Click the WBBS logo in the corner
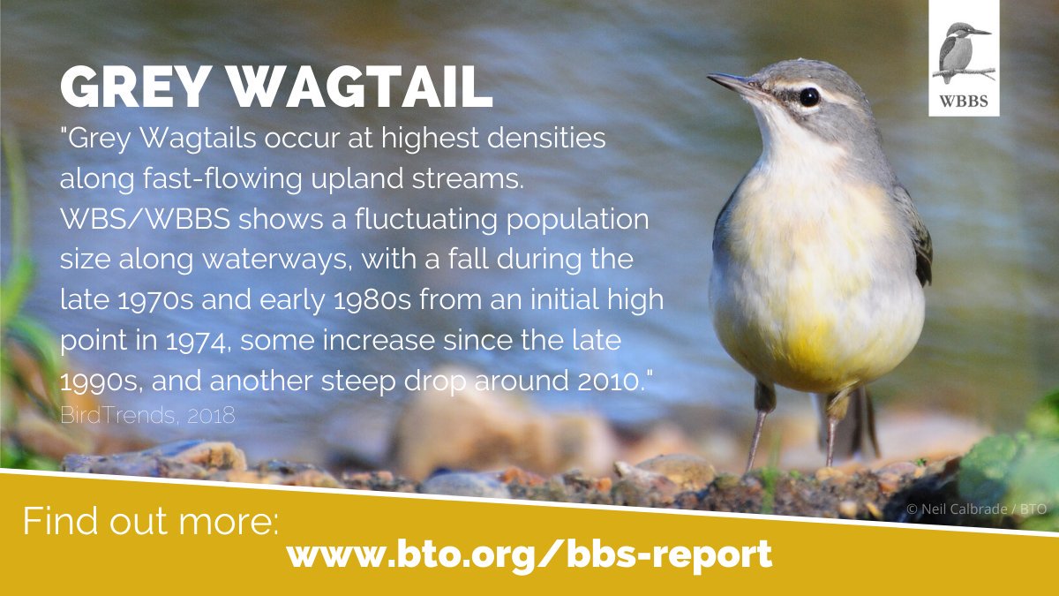pos(964,58)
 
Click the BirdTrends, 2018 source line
pos(147,415)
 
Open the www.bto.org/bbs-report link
pos(529,555)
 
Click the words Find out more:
pos(150,522)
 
